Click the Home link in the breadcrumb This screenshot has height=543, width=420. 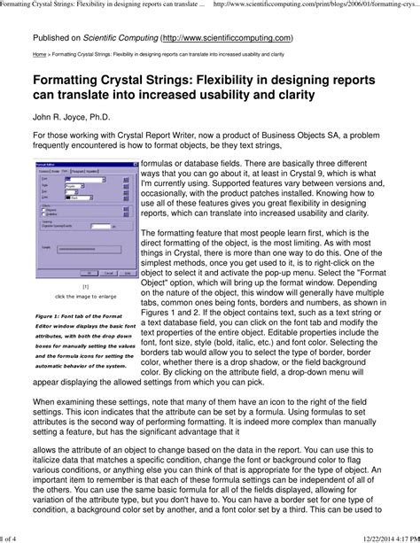(40, 54)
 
